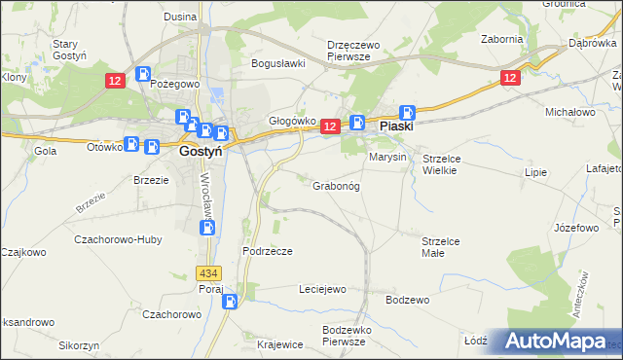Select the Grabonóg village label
click(336, 185)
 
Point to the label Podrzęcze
click(268, 250)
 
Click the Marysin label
click(386, 156)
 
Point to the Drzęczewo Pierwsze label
click(359, 51)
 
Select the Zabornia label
click(502, 40)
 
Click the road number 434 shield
click(207, 274)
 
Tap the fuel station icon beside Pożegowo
click(144, 73)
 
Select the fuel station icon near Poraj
click(229, 301)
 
